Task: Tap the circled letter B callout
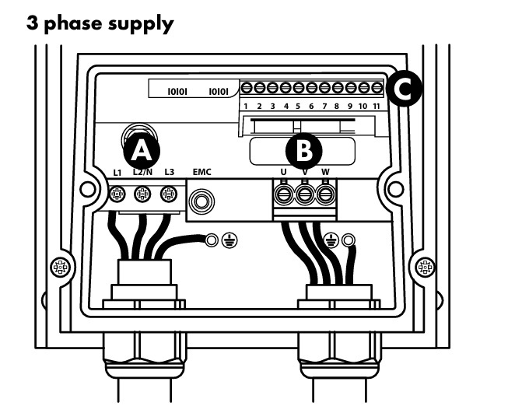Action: pyautogui.click(x=303, y=149)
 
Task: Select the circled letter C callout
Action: pyautogui.click(x=404, y=89)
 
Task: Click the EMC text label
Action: pyautogui.click(x=201, y=173)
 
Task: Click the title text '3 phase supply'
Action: pyautogui.click(x=100, y=23)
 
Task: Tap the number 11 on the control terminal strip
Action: pyautogui.click(x=378, y=105)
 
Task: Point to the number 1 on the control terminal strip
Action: pyautogui.click(x=246, y=105)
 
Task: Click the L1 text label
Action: pyautogui.click(x=117, y=172)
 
